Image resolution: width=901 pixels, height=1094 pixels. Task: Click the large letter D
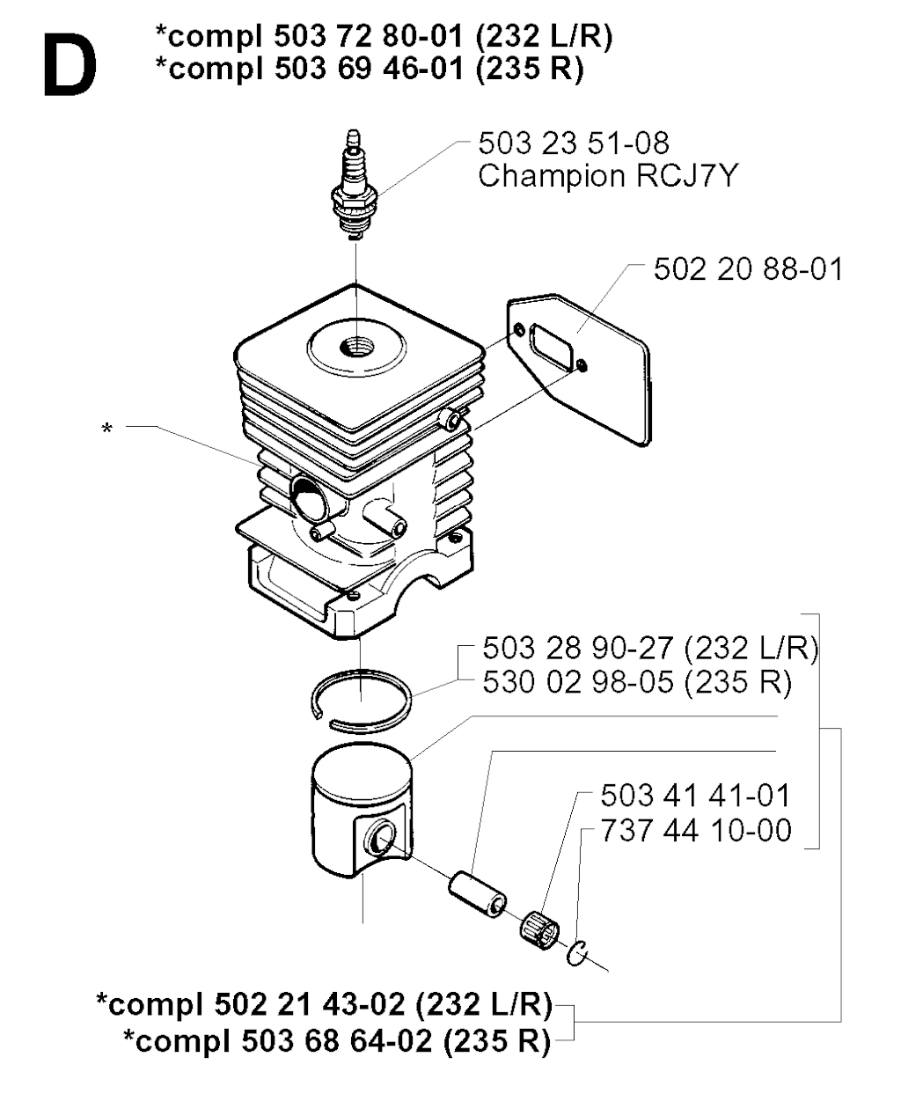[x=70, y=64]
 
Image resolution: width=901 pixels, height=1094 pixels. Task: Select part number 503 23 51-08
[x=574, y=143]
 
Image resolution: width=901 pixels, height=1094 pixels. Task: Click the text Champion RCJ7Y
[x=608, y=175]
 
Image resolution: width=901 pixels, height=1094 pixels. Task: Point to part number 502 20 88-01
[x=749, y=269]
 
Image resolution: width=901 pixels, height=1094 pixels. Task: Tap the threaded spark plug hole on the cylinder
[x=355, y=347]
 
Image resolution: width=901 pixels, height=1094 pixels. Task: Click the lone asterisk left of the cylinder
[x=106, y=430]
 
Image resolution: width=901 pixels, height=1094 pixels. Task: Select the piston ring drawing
[x=362, y=700]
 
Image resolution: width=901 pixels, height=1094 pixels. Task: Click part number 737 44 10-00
[x=696, y=831]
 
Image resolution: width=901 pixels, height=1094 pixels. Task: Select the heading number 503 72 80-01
[x=369, y=37]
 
